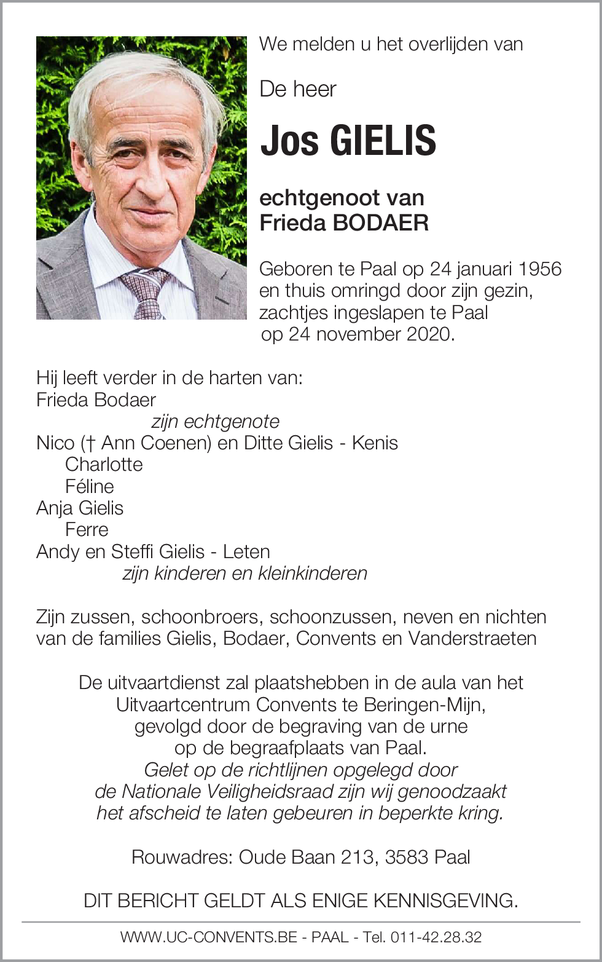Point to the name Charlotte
tap(104, 465)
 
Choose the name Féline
tap(90, 486)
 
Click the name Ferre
tap(87, 530)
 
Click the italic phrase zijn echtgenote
tap(215, 422)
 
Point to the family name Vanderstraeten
tap(472, 639)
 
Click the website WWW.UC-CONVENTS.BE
tap(209, 937)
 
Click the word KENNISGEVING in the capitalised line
tap(445, 901)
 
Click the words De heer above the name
tap(298, 90)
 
